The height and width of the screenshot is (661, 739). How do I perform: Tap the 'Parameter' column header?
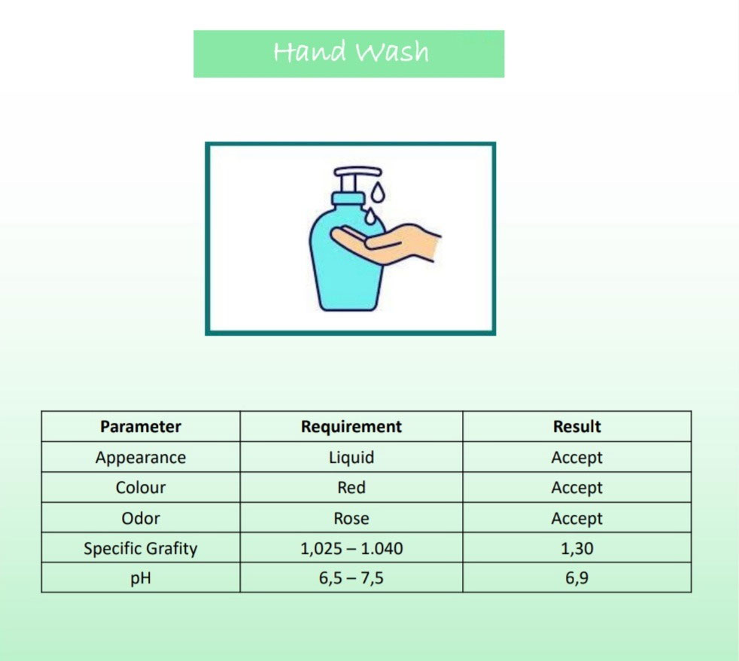point(141,427)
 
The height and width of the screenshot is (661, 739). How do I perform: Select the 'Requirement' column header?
point(351,427)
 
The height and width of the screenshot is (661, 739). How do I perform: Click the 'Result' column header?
point(577,427)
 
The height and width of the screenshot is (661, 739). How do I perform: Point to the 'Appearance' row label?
point(141,458)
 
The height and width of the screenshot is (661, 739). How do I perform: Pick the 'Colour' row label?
point(141,488)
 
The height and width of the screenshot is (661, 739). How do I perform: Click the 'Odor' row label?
point(141,518)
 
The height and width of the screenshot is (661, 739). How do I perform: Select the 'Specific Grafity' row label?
point(141,548)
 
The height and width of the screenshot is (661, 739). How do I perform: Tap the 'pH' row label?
point(141,578)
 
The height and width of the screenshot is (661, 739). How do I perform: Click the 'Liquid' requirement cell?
point(351,457)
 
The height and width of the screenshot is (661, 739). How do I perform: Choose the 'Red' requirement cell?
point(351,488)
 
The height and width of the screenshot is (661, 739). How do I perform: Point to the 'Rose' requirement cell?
point(351,518)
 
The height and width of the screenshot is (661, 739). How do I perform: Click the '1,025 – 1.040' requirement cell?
point(351,548)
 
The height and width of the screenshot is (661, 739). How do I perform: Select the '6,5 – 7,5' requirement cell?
point(351,578)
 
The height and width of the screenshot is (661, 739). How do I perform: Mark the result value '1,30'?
point(577,548)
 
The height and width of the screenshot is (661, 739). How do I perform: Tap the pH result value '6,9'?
point(577,578)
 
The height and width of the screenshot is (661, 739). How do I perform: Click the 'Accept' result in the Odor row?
point(577,519)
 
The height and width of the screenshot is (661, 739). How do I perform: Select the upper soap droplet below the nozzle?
point(378,193)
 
